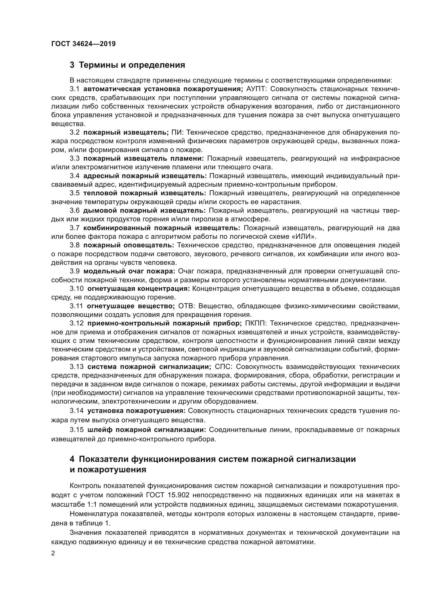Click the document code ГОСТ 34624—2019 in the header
(83, 44)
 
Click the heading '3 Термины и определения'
(127, 65)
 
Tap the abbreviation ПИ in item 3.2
(176, 132)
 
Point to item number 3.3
(75, 159)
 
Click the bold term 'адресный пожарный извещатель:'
(145, 176)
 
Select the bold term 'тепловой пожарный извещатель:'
(145, 193)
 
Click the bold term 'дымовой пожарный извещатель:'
(144, 211)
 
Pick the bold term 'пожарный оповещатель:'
(129, 245)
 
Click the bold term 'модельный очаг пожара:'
(129, 271)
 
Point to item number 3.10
(76, 288)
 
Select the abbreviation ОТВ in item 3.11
(187, 306)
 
